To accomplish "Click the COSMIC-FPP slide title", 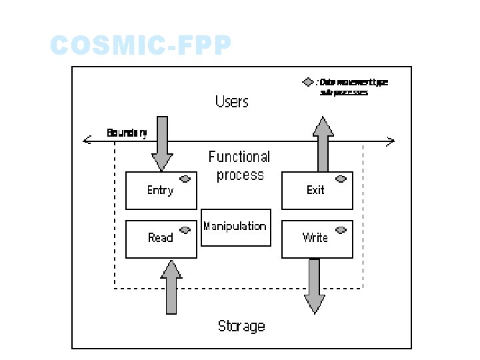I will (141, 47).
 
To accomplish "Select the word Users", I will (231, 102).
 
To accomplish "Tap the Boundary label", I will (127, 133).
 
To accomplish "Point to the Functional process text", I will (239, 166).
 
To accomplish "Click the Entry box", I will (161, 191).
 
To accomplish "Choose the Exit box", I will (317, 191).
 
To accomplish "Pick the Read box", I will (161, 239).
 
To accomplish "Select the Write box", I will (317, 239).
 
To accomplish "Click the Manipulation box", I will (235, 227).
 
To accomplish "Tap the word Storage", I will (241, 326).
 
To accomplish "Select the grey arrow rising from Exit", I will (323, 143).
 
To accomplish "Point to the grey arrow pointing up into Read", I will (171, 287).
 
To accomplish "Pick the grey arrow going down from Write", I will (315, 286).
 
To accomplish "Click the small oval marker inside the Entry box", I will (185, 179).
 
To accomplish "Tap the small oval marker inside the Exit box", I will (341, 179).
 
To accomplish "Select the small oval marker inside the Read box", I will (185, 229).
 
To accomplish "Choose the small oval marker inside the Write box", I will (341, 229).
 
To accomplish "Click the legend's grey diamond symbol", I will (307, 83).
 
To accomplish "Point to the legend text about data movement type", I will (353, 87).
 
